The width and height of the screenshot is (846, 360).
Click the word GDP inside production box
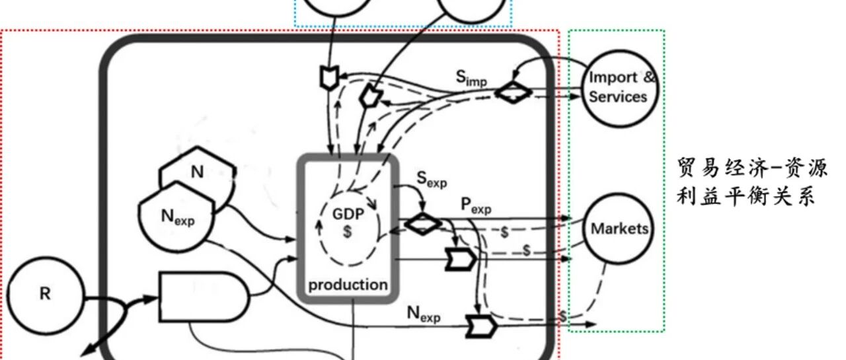click(348, 214)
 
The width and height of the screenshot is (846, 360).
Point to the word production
click(348, 285)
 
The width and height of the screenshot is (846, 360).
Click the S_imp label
click(471, 78)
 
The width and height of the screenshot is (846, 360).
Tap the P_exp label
click(476, 205)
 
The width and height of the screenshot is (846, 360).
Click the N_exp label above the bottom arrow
click(424, 314)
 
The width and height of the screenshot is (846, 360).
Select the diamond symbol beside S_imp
click(514, 92)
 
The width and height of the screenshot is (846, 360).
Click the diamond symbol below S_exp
click(422, 224)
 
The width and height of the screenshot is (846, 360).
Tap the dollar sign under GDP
click(347, 231)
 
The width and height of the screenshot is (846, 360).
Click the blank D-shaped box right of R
click(203, 297)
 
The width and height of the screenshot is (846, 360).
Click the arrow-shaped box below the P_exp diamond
click(461, 259)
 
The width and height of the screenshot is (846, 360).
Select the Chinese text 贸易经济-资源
click(752, 168)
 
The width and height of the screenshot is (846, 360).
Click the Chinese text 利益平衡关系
click(746, 196)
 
